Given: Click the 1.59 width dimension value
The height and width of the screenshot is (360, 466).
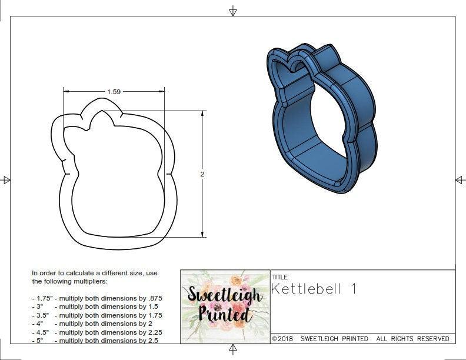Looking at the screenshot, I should (114, 92).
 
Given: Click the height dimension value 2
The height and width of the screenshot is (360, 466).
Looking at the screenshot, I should (202, 175).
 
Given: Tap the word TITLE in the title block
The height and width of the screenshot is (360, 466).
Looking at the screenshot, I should (280, 276).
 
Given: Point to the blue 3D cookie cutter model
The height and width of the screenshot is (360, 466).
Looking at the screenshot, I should (321, 118).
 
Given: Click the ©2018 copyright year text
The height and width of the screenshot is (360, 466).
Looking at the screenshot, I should (283, 339).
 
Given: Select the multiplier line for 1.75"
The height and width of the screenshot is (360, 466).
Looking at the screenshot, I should (97, 298).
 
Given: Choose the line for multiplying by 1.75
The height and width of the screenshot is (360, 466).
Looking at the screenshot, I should (97, 315).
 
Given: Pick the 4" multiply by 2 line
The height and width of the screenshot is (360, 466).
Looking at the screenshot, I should (93, 324).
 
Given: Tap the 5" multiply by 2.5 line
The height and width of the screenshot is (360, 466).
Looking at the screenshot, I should (95, 341).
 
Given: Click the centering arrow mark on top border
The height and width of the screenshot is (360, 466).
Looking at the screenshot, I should (233, 11).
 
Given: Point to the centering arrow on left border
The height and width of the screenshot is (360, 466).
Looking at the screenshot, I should (6, 179).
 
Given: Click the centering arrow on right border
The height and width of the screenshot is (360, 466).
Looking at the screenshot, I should (460, 179).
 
